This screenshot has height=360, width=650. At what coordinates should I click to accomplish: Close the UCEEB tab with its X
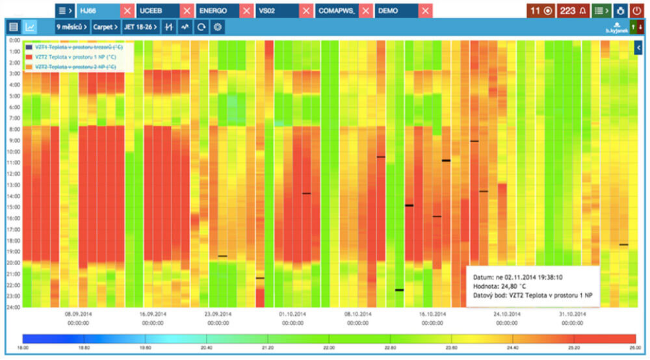click(187, 10)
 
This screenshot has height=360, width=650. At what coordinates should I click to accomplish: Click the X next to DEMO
click(426, 10)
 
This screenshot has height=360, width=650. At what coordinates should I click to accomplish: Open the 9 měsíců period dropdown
click(71, 27)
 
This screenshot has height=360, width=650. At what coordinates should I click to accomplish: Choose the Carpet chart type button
click(105, 27)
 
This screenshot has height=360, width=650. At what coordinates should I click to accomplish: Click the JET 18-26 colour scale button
click(140, 27)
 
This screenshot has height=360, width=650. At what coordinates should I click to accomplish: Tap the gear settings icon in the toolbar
click(218, 27)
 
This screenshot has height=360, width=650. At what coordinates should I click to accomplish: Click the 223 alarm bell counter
click(573, 10)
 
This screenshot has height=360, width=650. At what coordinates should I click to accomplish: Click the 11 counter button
click(541, 10)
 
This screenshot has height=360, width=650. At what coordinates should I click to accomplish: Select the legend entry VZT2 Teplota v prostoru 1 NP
click(71, 57)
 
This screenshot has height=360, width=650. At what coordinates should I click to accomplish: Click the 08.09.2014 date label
click(78, 313)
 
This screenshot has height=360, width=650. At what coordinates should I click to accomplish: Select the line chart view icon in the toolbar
click(30, 27)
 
